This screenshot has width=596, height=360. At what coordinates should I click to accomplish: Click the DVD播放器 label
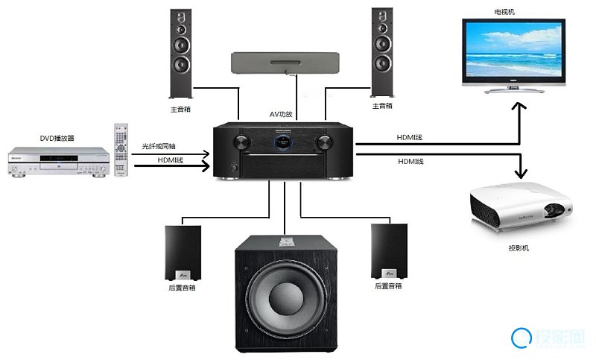coord(57,138)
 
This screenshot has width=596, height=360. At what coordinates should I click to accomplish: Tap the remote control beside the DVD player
coord(121,150)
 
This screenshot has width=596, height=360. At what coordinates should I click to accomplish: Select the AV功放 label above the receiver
coord(281,114)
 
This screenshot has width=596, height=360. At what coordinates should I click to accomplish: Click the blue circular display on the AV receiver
coord(283,142)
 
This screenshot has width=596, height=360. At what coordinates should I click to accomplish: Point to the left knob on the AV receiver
coord(241,142)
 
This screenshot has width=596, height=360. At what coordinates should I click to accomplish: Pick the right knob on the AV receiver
coord(324,142)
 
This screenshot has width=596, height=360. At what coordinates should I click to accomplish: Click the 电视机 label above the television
coord(504,12)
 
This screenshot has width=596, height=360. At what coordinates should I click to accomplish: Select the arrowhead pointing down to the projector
coord(521,174)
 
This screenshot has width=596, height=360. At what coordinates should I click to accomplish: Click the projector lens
coord(554,210)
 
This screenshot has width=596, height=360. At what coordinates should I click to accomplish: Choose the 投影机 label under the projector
coord(519,248)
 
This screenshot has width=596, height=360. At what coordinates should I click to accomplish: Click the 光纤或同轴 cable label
coord(159,146)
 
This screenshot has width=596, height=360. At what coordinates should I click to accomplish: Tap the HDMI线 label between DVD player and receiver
coord(171,160)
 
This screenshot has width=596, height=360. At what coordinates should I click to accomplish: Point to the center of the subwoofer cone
coord(286,298)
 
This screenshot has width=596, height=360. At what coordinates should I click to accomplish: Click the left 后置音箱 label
coord(182,288)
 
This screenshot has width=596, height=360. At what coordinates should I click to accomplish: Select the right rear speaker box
coord(389,251)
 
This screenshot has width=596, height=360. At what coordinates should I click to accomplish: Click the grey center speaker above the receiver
coord(285,63)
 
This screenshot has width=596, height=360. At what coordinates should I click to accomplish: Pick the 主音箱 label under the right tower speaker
coord(382,106)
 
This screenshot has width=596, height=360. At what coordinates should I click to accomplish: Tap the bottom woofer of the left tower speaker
coord(181,64)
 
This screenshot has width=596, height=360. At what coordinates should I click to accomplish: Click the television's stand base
coord(514,91)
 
